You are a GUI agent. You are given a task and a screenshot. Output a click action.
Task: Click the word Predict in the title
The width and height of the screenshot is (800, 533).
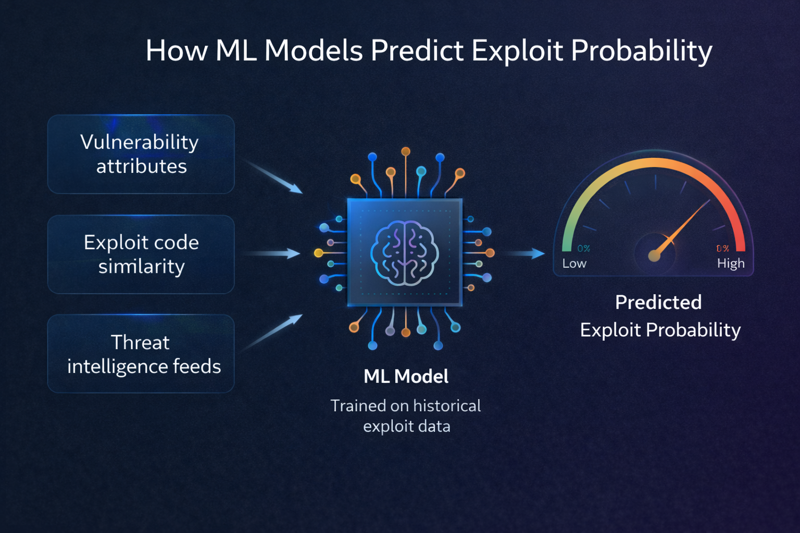tap(417, 51)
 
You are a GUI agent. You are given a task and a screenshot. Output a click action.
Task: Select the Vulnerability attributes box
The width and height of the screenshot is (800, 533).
tap(141, 154)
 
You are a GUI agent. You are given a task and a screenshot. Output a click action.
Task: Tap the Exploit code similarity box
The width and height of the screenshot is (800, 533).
tap(141, 254)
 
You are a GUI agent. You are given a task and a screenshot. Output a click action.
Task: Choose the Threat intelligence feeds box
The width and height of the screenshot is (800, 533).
tap(141, 354)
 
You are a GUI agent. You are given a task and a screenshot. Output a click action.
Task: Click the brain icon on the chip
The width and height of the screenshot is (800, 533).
tap(404, 253)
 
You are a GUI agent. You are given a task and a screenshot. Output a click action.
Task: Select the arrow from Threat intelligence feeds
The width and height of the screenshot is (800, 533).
tap(273, 332)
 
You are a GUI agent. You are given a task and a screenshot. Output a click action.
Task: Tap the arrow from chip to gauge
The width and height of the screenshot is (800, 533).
tap(524, 253)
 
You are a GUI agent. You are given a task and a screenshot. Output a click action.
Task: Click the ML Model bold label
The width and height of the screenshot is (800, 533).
tap(406, 376)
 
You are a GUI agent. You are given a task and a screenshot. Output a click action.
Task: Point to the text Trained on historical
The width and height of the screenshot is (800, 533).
tap(405, 405)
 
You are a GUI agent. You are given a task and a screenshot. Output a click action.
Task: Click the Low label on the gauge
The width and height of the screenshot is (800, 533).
tap(574, 263)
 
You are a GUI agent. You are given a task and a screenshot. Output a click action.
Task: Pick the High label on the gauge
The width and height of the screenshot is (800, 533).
tap(730, 263)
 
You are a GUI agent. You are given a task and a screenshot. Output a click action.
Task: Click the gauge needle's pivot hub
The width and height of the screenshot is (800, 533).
tap(654, 256)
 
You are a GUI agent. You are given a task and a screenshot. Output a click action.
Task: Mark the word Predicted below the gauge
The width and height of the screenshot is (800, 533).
tap(658, 302)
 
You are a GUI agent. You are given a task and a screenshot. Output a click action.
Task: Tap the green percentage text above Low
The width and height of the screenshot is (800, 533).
tap(583, 249)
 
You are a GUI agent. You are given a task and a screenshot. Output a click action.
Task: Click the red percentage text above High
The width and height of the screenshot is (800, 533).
tap(722, 249)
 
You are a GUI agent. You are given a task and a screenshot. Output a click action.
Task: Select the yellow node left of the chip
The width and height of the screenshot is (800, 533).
tap(318, 253)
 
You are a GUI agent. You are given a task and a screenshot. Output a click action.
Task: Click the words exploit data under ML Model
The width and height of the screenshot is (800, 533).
tap(406, 426)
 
